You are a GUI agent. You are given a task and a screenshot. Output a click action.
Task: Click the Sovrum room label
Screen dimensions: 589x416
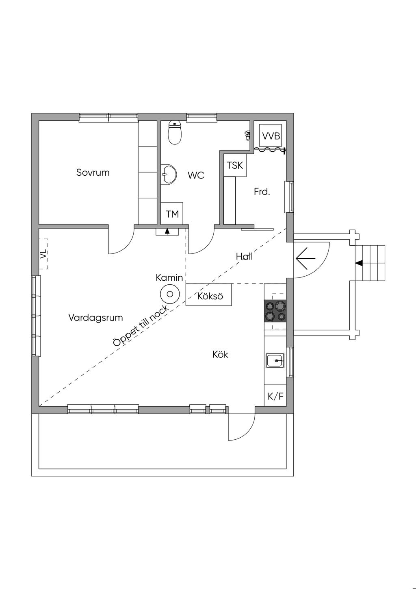click(93, 172)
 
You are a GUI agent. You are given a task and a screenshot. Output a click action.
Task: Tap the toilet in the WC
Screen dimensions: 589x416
click(175, 133)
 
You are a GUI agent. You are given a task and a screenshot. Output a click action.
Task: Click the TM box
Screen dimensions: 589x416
click(172, 214)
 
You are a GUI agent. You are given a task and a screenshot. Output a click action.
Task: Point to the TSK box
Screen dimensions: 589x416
click(235, 165)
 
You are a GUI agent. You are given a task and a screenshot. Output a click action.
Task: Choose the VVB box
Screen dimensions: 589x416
click(271, 136)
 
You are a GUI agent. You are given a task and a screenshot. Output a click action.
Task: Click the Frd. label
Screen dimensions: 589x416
click(262, 192)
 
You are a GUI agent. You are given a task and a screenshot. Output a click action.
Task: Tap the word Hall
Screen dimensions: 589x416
click(244, 257)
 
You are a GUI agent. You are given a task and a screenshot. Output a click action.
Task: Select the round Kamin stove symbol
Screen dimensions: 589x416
click(169, 293)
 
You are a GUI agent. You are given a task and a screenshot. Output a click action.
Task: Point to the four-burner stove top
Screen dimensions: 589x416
click(275, 311)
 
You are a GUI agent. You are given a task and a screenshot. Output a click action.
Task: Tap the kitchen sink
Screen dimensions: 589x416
click(275, 361)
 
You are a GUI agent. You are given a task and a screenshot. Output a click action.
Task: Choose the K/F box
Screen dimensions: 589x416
click(275, 396)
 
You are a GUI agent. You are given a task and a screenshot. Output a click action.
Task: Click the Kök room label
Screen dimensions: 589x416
click(220, 355)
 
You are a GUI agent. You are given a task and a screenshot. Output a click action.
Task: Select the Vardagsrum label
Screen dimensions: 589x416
click(95, 318)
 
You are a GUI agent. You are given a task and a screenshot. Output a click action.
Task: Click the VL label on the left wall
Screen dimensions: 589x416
click(43, 255)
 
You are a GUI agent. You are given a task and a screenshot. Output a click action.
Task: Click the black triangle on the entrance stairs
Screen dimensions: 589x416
click(359, 263)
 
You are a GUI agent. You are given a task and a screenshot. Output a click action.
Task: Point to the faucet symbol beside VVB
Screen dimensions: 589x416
click(247, 135)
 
